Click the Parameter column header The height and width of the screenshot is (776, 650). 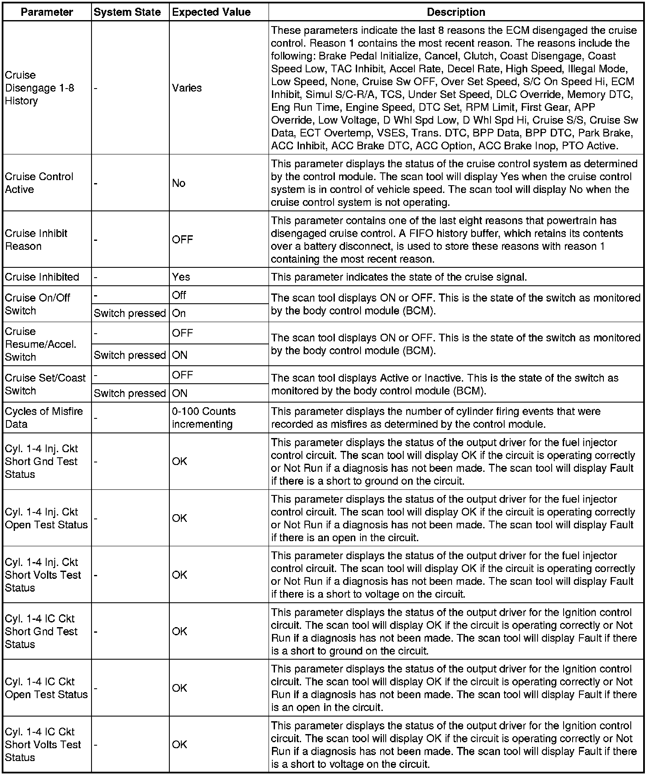pyautogui.click(x=47, y=12)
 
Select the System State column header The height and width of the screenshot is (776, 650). pyautogui.click(x=127, y=12)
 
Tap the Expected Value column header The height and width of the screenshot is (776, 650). pyautogui.click(x=211, y=12)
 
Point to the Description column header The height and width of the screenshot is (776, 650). pyautogui.click(x=456, y=12)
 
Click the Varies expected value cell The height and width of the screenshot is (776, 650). pyautogui.click(x=187, y=88)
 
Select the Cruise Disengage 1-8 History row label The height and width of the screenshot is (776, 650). pyautogui.click(x=39, y=88)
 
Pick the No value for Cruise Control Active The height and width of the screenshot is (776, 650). pyautogui.click(x=179, y=183)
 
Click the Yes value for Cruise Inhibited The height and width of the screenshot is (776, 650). pyautogui.click(x=181, y=277)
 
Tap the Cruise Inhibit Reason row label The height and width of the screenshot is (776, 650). pyautogui.click(x=36, y=240)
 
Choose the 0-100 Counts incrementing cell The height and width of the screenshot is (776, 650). pyautogui.click(x=204, y=418)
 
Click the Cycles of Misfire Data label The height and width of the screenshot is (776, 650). pyautogui.click(x=44, y=418)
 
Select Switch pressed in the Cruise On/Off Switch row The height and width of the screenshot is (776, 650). pyautogui.click(x=130, y=313)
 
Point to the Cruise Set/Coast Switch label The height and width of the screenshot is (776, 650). pyautogui.click(x=45, y=384)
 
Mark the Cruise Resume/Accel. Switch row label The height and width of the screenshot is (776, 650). pyautogui.click(x=41, y=344)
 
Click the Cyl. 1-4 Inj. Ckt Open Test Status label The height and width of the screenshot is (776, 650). pyautogui.click(x=46, y=518)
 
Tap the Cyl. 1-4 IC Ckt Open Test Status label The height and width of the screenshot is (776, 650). pyautogui.click(x=46, y=688)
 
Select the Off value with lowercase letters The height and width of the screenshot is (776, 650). pyautogui.click(x=179, y=295)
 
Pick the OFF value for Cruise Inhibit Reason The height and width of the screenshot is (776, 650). pyautogui.click(x=183, y=240)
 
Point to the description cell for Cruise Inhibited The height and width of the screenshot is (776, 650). pyautogui.click(x=399, y=277)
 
